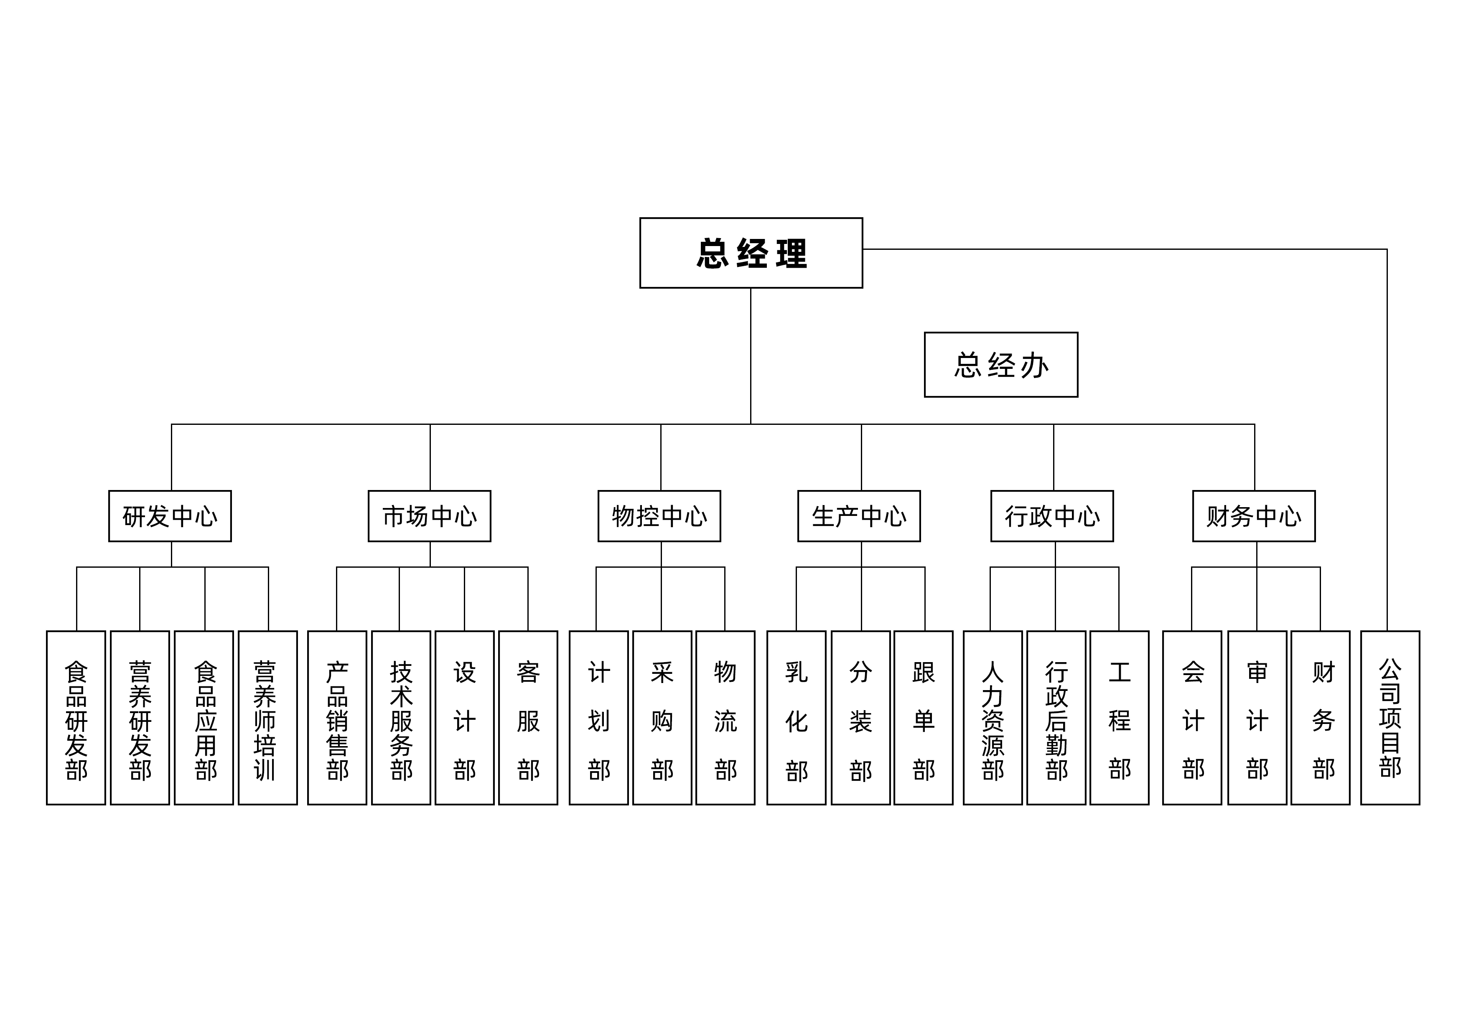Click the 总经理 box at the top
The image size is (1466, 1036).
point(751,253)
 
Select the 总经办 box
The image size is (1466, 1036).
point(1000,365)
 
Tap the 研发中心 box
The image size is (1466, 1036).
point(170,516)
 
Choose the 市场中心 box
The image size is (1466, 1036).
point(429,516)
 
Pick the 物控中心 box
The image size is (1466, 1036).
point(659,516)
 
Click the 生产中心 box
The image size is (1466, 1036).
point(859,516)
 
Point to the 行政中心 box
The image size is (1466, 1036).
point(1051,516)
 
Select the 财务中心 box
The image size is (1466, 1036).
point(1253,516)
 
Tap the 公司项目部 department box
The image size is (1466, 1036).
point(1390,718)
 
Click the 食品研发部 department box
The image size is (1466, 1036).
point(76,718)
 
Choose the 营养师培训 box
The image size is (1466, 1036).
point(267,718)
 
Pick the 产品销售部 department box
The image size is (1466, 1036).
point(337,718)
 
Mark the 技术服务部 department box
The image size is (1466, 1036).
point(401,718)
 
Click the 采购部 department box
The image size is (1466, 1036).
point(662,718)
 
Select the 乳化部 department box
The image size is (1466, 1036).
point(796,718)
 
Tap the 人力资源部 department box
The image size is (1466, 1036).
point(992,718)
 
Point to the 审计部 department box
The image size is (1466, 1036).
point(1257,718)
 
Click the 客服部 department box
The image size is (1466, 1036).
point(528,718)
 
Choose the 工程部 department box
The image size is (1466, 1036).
point(1119,718)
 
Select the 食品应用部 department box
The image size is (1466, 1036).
point(204,718)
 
